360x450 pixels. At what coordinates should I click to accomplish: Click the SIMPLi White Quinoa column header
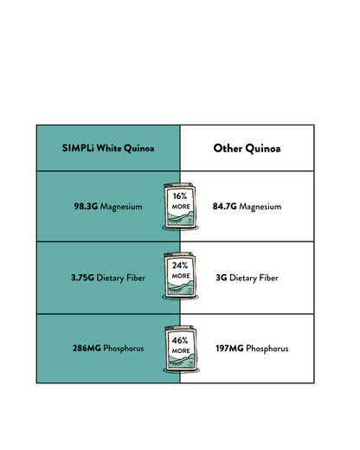pos(108,148)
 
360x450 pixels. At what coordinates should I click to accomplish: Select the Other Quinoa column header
pos(247,148)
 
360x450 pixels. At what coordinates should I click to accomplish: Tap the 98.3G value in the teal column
pos(86,206)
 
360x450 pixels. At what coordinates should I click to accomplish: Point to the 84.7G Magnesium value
pos(247,207)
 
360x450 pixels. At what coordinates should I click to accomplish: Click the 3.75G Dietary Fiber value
pos(108,278)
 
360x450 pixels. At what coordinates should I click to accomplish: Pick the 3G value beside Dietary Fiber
pos(222,278)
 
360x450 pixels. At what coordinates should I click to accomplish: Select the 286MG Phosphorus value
pos(108,348)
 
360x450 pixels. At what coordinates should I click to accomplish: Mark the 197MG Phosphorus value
pos(252,349)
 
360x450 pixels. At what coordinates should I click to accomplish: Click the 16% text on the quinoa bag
pos(180,196)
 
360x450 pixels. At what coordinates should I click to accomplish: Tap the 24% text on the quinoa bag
pos(180,266)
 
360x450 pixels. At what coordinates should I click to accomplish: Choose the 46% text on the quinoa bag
pos(180,340)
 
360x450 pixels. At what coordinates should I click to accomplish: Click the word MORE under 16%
pos(181,207)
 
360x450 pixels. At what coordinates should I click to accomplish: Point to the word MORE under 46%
pos(181,350)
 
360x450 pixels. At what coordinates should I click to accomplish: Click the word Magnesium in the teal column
pos(121,207)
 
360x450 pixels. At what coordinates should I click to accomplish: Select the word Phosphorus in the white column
pos(267,349)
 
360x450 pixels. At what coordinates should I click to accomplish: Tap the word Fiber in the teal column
pos(136,278)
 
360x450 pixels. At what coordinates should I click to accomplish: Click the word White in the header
pos(109,148)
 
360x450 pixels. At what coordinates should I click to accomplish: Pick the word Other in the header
pos(228,148)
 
